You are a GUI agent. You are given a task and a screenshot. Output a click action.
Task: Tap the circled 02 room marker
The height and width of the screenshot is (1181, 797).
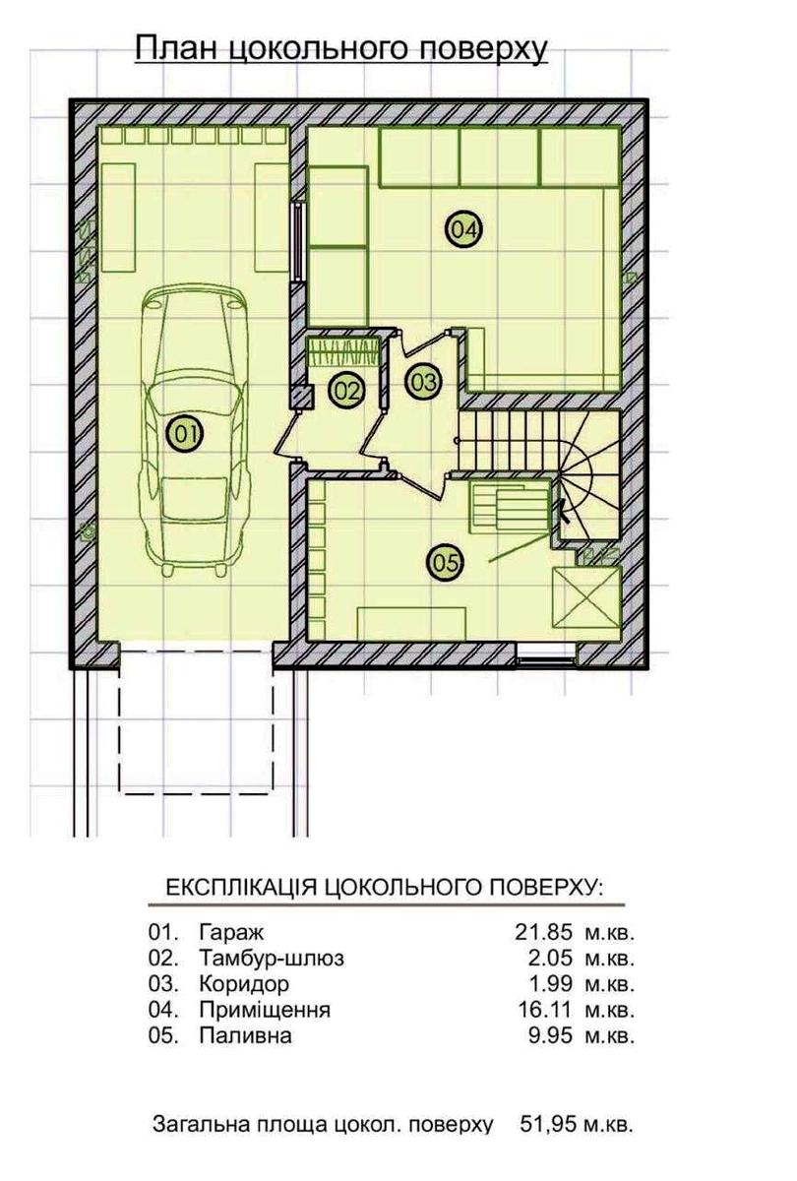click(x=346, y=391)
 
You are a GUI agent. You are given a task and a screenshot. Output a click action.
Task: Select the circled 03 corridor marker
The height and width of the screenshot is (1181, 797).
click(x=423, y=382)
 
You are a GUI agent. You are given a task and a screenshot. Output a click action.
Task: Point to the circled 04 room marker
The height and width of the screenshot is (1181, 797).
click(x=464, y=229)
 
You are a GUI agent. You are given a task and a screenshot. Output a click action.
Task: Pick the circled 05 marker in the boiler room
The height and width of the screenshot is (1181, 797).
click(x=445, y=563)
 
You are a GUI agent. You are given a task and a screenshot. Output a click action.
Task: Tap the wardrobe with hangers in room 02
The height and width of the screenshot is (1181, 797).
click(x=343, y=352)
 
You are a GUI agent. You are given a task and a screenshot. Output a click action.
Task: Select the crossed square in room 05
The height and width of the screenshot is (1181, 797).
click(x=586, y=597)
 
